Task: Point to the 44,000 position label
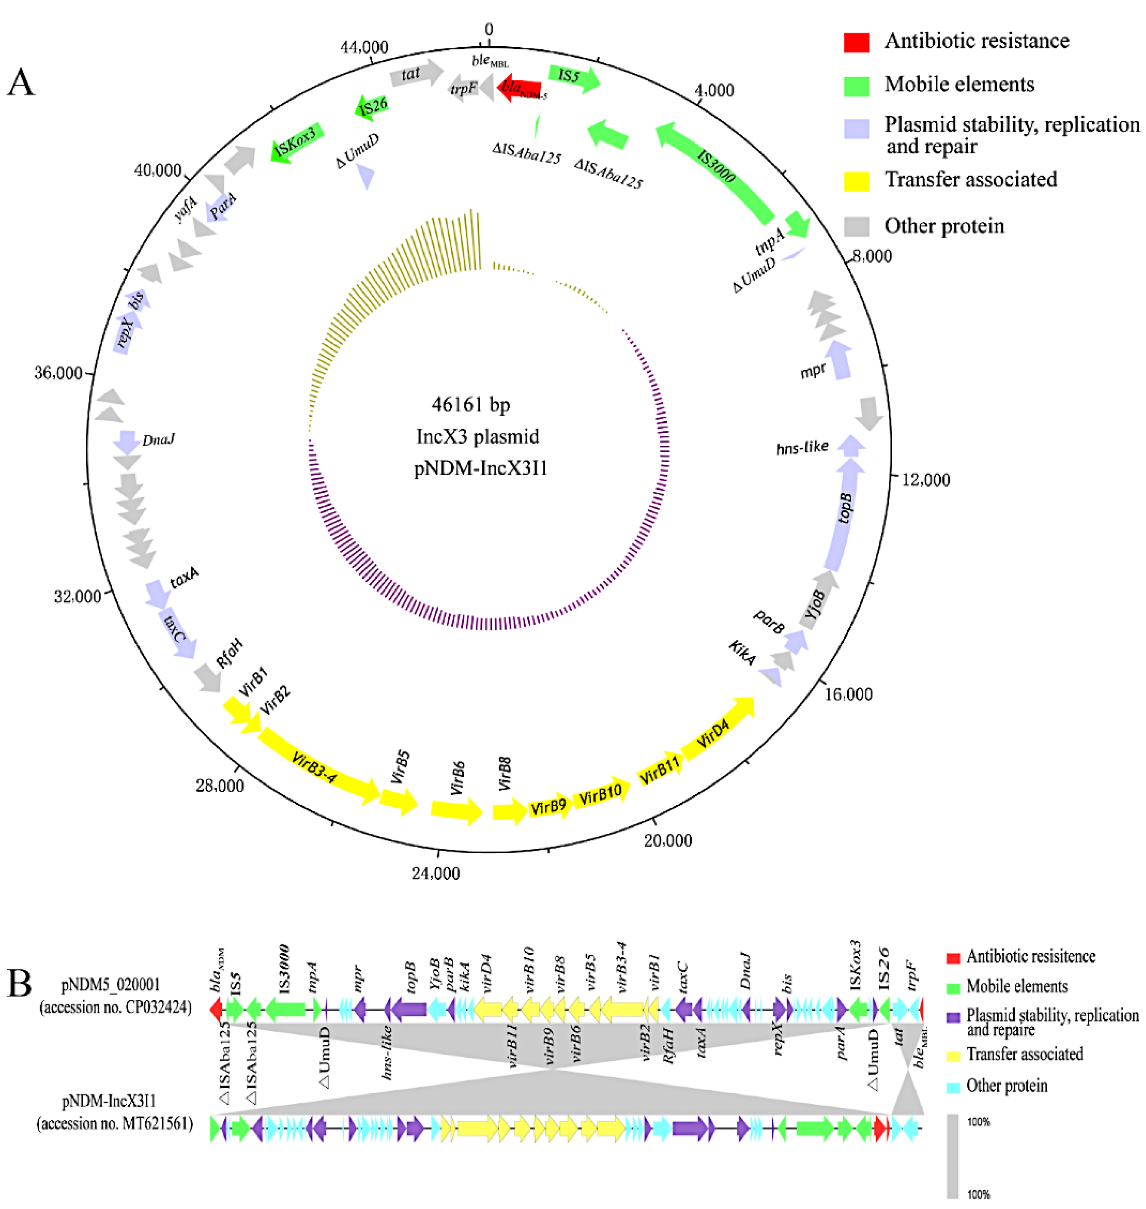click(365, 48)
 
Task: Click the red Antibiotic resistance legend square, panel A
click(856, 42)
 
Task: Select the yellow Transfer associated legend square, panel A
click(856, 180)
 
